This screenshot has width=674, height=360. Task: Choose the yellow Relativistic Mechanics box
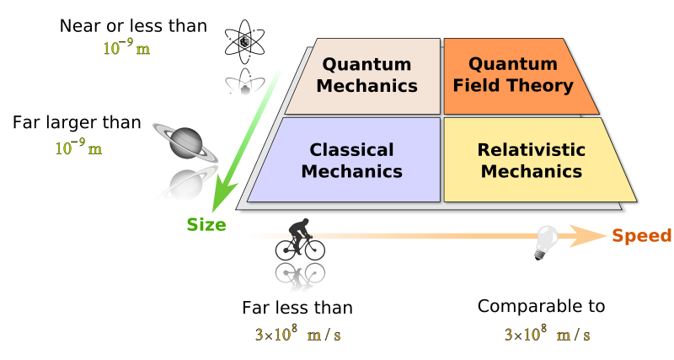[531, 160]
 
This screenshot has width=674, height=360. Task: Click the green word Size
[206, 224]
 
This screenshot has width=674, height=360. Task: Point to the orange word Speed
[641, 236]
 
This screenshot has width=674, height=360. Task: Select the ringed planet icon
[184, 142]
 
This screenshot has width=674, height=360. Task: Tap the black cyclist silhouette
[300, 239]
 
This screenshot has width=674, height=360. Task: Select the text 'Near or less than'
[133, 26]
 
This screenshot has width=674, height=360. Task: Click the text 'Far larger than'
[78, 123]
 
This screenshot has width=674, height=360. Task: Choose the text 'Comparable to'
[542, 305]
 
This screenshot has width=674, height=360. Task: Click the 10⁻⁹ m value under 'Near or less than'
[127, 48]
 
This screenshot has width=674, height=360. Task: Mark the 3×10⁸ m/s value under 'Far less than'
[298, 334]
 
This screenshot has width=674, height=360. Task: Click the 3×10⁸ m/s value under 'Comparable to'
[547, 334]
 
